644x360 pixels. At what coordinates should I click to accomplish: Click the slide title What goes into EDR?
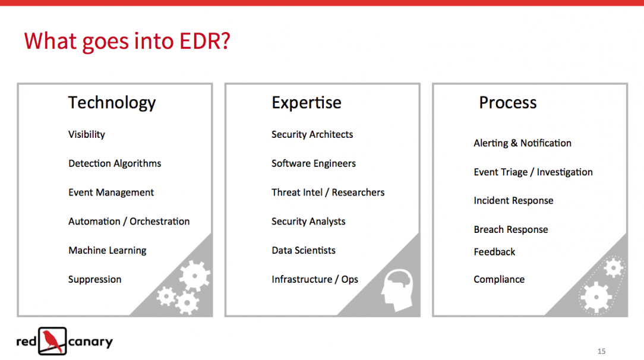click(127, 42)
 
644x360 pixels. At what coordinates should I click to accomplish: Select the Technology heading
click(112, 103)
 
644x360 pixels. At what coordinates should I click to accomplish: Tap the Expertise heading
click(307, 103)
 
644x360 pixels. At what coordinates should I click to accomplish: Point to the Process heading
click(507, 102)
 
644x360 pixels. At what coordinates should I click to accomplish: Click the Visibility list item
click(87, 135)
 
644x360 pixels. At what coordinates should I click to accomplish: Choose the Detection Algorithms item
click(115, 163)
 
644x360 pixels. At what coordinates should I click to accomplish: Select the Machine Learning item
click(107, 251)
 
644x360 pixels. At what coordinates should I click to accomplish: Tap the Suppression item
click(95, 280)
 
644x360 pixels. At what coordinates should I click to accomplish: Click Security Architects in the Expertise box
click(312, 134)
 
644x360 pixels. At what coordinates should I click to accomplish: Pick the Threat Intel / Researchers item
click(328, 192)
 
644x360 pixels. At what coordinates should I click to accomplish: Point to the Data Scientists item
click(304, 250)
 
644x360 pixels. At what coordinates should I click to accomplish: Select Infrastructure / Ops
click(315, 280)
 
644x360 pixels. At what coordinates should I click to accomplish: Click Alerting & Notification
click(522, 143)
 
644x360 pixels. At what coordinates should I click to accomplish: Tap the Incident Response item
click(513, 201)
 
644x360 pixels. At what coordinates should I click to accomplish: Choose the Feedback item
click(494, 252)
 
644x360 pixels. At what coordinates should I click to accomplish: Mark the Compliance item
click(499, 280)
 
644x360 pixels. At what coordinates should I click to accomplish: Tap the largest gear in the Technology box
click(194, 276)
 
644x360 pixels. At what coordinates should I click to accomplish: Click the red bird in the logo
click(52, 341)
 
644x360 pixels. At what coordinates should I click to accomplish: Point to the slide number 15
click(601, 351)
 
